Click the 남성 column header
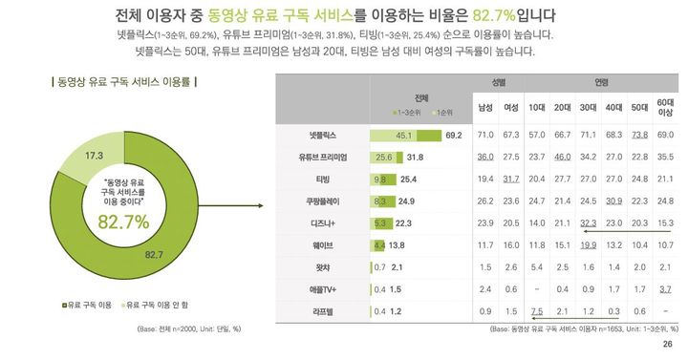(x=484, y=106)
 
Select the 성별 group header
(x=498, y=82)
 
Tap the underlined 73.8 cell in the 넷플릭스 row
(x=640, y=136)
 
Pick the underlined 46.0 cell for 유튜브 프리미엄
(x=563, y=157)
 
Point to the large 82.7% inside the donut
(x=123, y=222)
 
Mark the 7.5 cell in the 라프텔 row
(x=537, y=310)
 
